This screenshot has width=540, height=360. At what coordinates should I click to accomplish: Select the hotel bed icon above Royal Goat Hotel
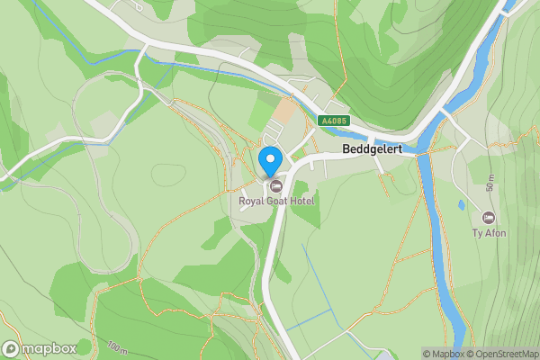point(275,185)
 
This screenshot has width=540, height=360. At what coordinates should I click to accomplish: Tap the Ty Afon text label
point(490,234)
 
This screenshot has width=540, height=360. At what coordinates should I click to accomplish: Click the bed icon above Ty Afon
point(489,218)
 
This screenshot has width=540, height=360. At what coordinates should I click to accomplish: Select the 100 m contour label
point(117,346)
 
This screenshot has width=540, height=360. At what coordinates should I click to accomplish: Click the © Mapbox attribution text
point(443,354)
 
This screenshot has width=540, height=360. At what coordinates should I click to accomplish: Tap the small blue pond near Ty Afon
point(462,205)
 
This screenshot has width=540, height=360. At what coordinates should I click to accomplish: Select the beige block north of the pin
point(283,111)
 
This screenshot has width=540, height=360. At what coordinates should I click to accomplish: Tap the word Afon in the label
point(496,234)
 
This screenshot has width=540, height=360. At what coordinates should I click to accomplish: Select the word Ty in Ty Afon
point(478,234)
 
